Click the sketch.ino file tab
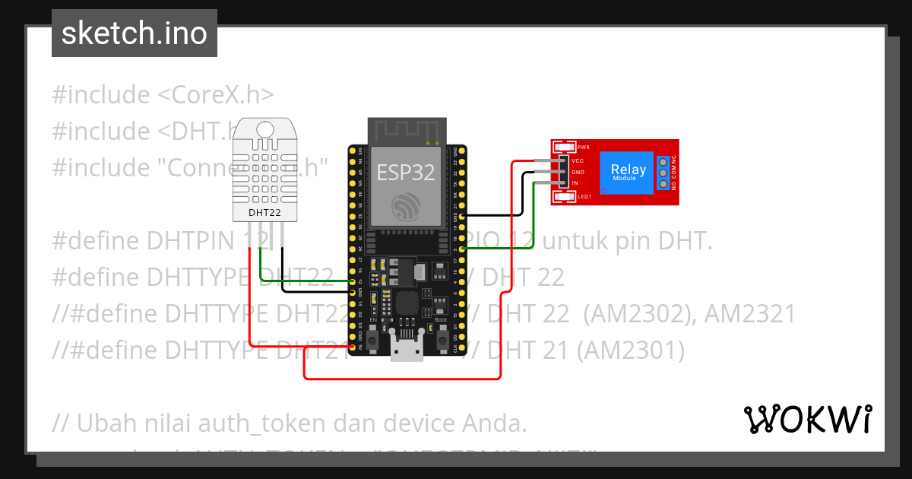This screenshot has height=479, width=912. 135,33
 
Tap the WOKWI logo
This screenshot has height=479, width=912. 807,419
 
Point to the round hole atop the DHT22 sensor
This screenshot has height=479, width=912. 264,129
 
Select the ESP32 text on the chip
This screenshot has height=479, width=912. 406,172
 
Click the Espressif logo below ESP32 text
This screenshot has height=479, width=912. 406,206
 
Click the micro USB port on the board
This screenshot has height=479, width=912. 407,352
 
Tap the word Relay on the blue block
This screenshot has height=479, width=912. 629,170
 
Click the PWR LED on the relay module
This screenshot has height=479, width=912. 564,148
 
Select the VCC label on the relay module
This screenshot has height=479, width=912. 578,161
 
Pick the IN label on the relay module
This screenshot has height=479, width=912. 575,183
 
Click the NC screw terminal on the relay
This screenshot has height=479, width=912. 663,162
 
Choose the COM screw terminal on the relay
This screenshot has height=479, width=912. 663,173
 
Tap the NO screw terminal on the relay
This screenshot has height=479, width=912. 663,185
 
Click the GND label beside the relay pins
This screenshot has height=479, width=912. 578,173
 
